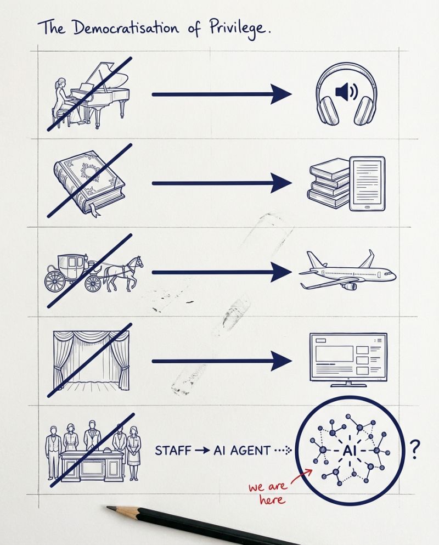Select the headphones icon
pyautogui.click(x=347, y=94)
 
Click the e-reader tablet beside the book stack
pyautogui.click(x=368, y=184)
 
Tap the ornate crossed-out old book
pyautogui.click(x=89, y=182)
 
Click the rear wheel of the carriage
pyautogui.click(x=55, y=281)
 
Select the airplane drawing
pyautogui.click(x=347, y=271)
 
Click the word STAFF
pyautogui.click(x=173, y=451)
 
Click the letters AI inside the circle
pyautogui.click(x=350, y=451)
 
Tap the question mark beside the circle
pyautogui.click(x=414, y=450)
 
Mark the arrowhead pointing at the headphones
pyautogui.click(x=281, y=94)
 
